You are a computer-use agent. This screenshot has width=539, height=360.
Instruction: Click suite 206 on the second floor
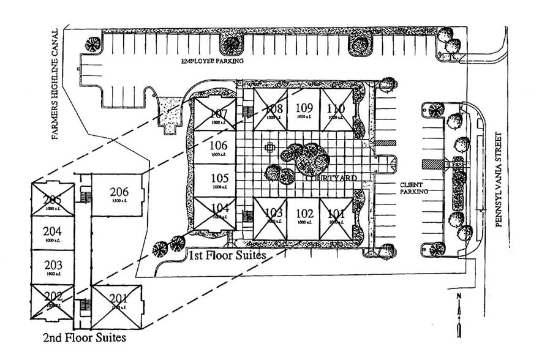[119, 194]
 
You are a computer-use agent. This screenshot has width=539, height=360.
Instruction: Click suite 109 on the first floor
[304, 110]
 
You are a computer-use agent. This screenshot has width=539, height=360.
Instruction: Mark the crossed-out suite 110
[336, 110]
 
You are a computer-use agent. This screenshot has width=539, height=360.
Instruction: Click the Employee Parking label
[212, 61]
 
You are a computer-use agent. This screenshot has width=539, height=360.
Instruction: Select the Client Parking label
[413, 188]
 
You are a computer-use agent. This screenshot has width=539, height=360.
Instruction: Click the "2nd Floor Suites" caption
[85, 337]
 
